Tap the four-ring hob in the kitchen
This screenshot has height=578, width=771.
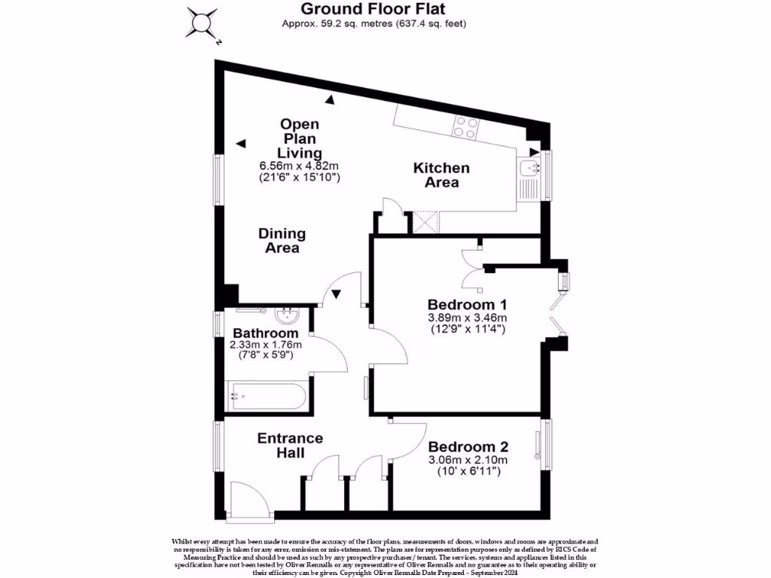click(x=465, y=128)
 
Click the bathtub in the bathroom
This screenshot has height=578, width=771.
click(x=267, y=393)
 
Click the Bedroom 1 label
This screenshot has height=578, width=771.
click(x=467, y=305)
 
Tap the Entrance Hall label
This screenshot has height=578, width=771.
click(x=290, y=446)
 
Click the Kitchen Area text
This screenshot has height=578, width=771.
click(x=441, y=175)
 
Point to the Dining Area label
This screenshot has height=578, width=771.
click(x=282, y=240)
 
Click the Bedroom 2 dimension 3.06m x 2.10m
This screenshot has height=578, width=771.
click(x=468, y=460)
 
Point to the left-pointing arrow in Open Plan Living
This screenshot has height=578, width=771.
click(x=240, y=144)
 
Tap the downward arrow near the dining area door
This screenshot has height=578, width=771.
click(x=337, y=294)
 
